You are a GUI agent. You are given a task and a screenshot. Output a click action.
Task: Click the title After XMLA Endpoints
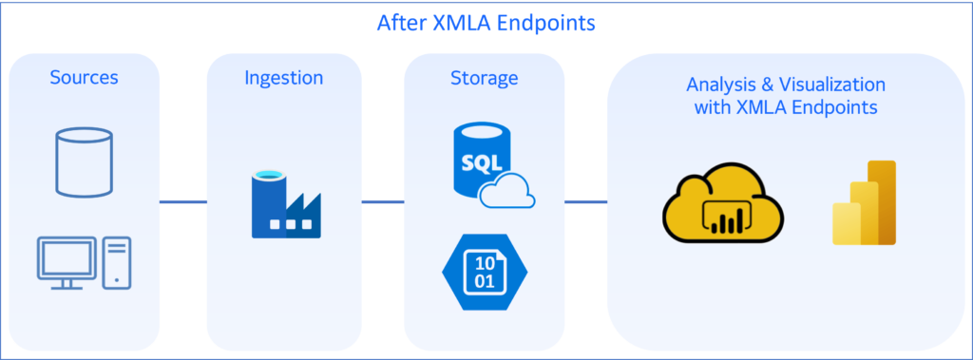coord(486,23)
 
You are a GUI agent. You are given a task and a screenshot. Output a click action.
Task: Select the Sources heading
coord(84,77)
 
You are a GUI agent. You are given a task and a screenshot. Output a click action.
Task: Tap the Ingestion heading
coord(284,77)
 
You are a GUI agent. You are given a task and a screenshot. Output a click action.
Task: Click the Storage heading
coord(484,77)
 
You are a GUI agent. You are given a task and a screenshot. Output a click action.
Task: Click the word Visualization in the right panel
coord(831,85)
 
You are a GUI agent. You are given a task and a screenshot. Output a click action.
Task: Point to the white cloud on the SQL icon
coord(506,193)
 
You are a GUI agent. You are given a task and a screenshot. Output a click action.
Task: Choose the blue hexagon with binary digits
coord(485,272)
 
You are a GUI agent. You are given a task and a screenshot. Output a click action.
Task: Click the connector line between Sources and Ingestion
coord(183,201)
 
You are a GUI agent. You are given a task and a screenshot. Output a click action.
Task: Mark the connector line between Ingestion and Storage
coord(383,201)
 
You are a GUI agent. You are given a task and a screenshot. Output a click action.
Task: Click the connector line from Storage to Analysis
coord(585,201)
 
